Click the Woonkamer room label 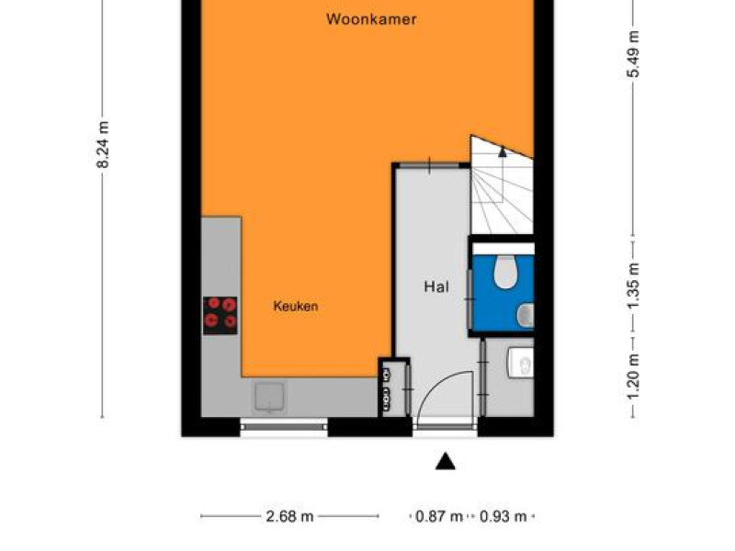371,19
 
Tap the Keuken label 296,307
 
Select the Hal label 436,287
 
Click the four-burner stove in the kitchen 220,315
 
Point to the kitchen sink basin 269,398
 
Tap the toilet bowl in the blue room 505,272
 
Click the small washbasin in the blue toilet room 526,315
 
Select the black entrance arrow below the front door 446,462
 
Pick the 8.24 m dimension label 103,144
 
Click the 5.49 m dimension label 633,54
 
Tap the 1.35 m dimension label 633,286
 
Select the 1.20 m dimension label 633,377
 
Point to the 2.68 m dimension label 289,516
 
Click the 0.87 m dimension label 439,516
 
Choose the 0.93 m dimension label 503,516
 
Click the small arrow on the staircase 503,152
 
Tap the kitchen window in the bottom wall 284,427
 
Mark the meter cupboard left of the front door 394,387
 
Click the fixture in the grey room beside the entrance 521,363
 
